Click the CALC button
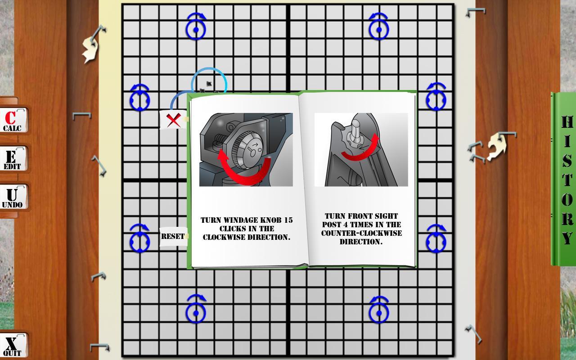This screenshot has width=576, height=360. [13, 120]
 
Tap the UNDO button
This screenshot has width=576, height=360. [13, 197]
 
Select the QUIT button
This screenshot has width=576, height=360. [13, 346]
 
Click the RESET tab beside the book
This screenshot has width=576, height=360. [173, 237]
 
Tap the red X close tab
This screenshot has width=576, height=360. [173, 120]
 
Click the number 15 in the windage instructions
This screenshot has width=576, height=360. [288, 220]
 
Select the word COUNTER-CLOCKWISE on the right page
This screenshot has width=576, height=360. [361, 233]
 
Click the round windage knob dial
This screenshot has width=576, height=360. [248, 150]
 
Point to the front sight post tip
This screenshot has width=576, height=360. [356, 123]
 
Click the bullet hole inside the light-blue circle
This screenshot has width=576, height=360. [209, 84]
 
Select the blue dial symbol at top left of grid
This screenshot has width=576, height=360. [196, 26]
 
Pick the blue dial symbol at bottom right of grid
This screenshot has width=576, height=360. [379, 310]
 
